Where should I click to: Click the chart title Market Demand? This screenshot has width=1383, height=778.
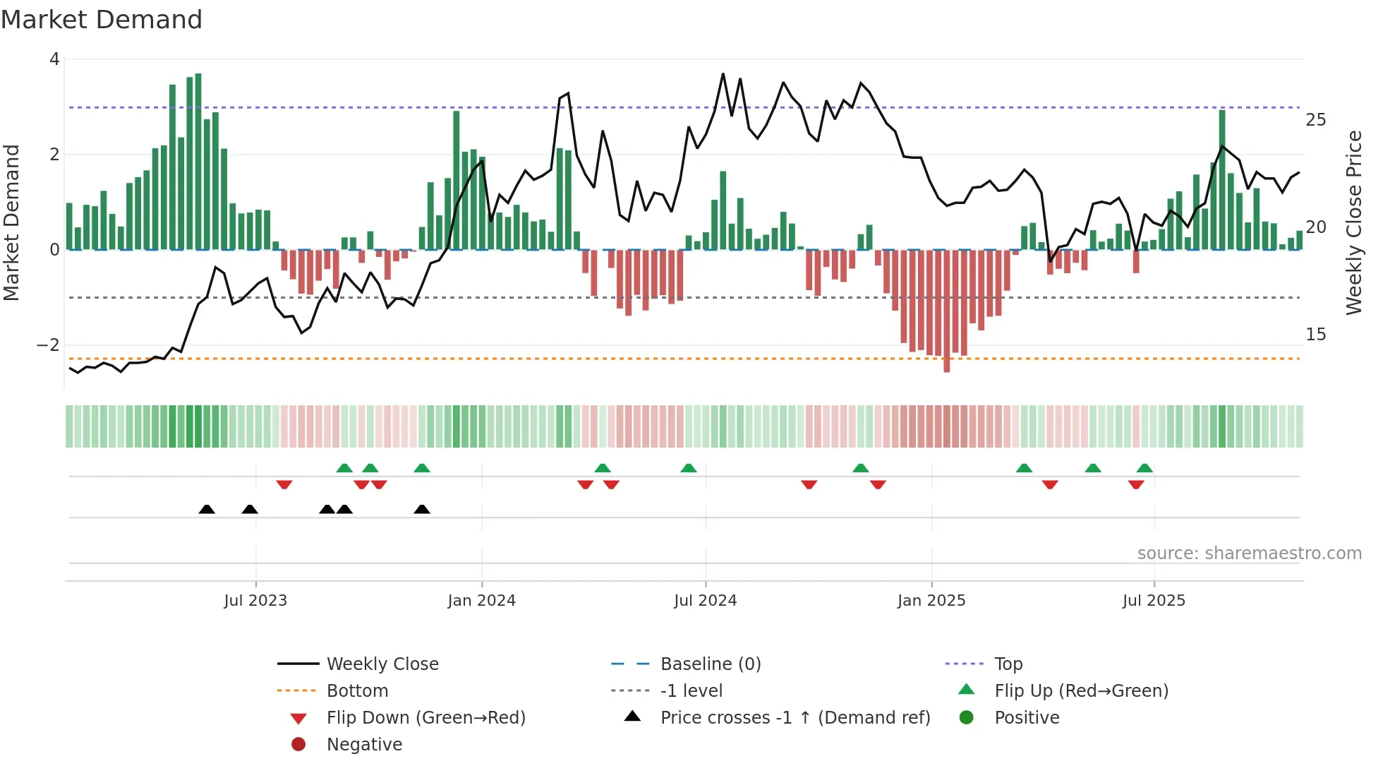102,20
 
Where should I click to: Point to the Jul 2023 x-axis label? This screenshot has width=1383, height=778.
255,601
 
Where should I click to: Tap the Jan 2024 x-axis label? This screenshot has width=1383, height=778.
481,601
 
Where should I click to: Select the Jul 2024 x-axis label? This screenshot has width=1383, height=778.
705,601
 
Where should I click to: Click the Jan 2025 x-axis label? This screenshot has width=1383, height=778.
931,601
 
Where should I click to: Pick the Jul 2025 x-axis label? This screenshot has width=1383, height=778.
1154,601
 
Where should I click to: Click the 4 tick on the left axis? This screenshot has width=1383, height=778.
54,59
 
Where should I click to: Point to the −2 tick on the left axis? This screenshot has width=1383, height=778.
48,345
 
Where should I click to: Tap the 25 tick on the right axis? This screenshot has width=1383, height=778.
1315,120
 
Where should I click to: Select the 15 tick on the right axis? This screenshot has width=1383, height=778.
1315,335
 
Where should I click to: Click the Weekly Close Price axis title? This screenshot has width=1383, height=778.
1353,222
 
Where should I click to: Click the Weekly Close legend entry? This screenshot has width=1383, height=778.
382,664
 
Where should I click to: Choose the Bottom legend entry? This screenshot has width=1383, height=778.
357,691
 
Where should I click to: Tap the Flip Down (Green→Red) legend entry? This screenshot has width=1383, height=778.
425,718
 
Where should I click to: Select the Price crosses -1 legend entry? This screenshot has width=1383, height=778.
795,718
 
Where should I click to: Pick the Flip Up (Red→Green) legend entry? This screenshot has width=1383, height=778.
1081,691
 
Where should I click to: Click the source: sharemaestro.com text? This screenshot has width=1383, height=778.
1249,553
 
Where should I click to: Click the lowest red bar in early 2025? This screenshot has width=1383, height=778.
947,311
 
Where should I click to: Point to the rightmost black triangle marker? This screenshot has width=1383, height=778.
422,509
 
